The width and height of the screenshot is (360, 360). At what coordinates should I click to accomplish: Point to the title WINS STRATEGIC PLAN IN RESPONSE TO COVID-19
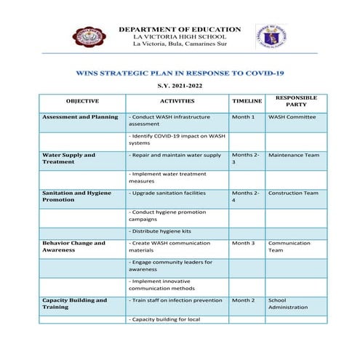[179, 73]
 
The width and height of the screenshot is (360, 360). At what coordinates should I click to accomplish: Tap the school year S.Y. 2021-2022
[180, 87]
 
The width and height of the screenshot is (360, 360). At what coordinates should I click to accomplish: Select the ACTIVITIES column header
[177, 101]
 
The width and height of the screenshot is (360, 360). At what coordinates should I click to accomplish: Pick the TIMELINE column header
[247, 101]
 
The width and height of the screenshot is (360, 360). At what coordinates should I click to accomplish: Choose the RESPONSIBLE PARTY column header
[295, 100]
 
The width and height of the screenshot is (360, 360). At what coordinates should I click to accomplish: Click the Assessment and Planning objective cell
[80, 116]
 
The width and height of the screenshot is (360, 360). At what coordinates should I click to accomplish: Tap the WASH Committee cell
[292, 116]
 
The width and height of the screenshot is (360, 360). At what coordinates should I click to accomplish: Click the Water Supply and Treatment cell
[68, 158]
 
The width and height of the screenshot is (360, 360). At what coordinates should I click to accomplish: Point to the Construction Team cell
[293, 193]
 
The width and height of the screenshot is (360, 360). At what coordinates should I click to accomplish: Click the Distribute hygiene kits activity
[161, 231]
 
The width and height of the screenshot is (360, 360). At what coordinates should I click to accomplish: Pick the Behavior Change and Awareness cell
[73, 247]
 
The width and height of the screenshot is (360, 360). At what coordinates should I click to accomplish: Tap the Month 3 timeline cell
[243, 243]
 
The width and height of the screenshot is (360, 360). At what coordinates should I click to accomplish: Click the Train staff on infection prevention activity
[175, 300]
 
